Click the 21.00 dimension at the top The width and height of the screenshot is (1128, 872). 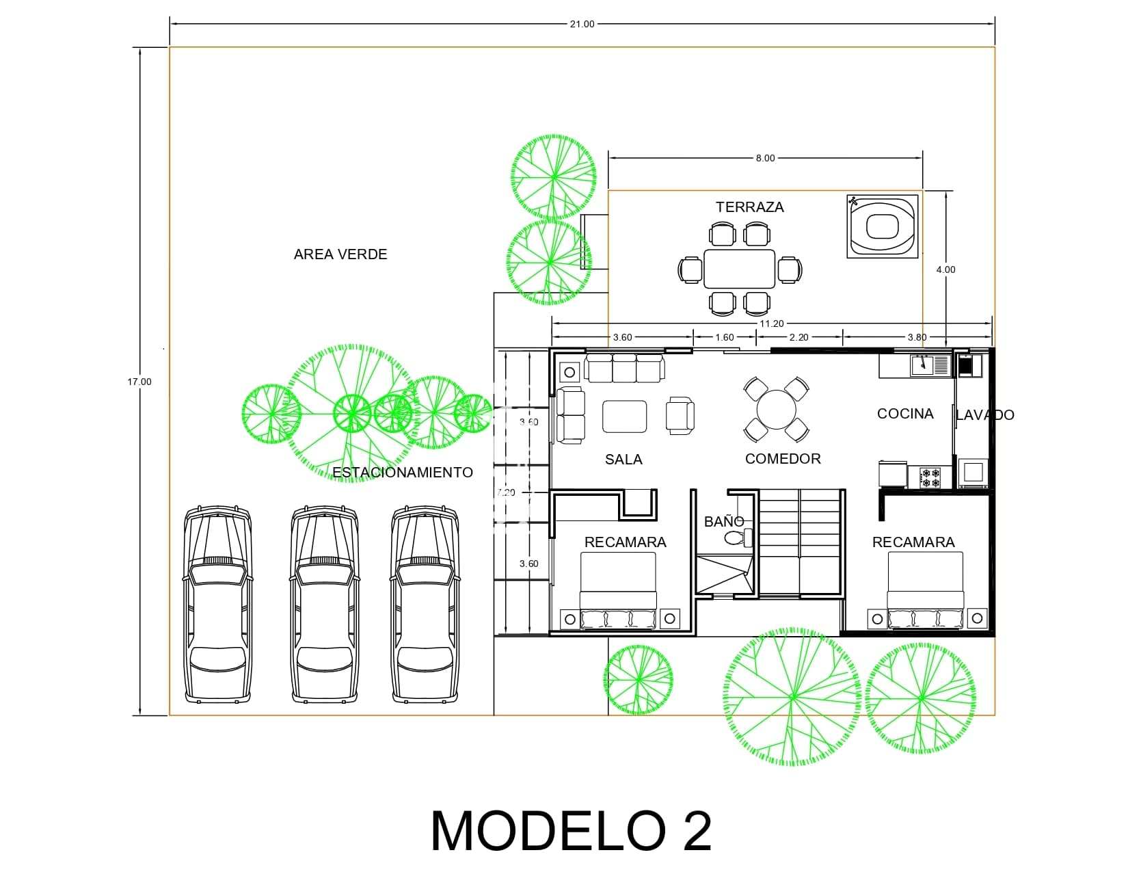(x=582, y=24)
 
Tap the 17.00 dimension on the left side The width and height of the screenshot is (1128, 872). (x=139, y=382)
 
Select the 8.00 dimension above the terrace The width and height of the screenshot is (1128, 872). (x=765, y=158)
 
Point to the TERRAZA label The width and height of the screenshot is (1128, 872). (x=749, y=207)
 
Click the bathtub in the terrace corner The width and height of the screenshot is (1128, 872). (x=882, y=226)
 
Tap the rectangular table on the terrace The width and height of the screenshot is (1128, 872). (x=739, y=269)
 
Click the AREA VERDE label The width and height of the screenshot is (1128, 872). (x=340, y=254)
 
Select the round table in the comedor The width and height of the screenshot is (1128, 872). (x=776, y=409)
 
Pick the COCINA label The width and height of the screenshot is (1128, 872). (x=904, y=414)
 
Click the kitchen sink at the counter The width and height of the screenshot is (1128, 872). (x=924, y=365)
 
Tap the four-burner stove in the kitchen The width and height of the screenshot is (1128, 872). (x=930, y=477)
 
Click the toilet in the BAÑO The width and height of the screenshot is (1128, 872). (x=737, y=538)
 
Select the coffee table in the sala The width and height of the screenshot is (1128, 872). (x=624, y=417)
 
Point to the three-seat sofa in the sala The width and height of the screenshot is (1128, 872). (x=625, y=368)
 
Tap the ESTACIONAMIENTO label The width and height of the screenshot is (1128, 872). (x=402, y=473)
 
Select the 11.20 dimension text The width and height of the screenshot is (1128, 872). (x=771, y=323)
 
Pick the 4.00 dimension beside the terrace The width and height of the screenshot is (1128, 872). (x=945, y=269)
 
